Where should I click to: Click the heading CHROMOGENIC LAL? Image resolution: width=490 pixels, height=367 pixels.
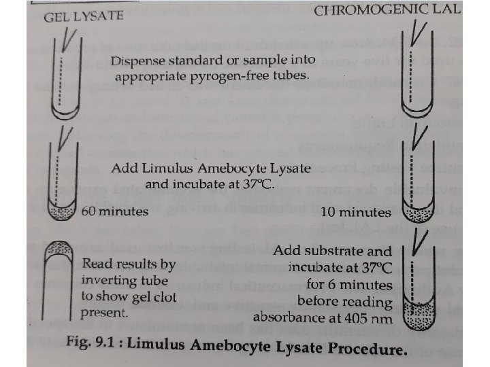387,10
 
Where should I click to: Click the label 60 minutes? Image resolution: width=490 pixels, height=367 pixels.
114,211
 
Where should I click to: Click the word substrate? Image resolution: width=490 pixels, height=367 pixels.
330,251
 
